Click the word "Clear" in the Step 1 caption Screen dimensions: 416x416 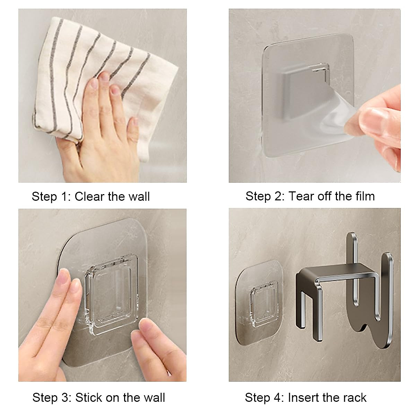pyautogui.click(x=89, y=197)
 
